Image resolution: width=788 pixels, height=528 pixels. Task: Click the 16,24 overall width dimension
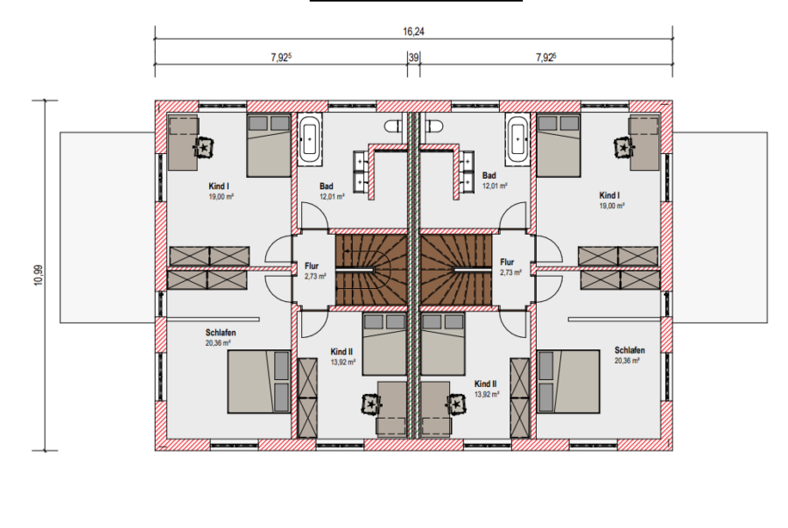coord(413,32)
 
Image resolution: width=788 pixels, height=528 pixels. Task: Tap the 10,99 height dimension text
coord(39,275)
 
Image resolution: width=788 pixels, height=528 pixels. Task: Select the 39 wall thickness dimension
coord(413,57)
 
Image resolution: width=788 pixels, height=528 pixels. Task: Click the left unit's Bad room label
coord(327,187)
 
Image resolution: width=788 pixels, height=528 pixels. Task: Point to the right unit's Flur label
coord(507,262)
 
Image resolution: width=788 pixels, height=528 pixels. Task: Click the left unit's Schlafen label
coord(221,333)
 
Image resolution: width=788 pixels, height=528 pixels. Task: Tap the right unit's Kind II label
coord(485,384)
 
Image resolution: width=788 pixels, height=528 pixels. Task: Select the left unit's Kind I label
coord(219,187)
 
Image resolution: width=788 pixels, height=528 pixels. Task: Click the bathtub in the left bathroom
coord(309,139)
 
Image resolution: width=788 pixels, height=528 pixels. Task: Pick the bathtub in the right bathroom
coord(517,139)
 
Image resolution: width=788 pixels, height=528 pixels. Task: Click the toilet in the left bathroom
coord(395,125)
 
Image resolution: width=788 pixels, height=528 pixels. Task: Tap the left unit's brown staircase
coord(371,270)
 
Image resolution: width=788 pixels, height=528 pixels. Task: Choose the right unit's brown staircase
coord(456,270)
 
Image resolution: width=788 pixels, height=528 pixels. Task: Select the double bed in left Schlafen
coord(259,382)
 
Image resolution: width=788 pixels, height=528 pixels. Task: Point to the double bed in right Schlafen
coord(568,382)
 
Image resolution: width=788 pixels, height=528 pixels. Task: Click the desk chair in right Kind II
coord(456,404)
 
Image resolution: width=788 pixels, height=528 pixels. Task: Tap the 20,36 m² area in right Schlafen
coord(627,361)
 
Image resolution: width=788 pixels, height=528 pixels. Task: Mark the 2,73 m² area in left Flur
coord(315,277)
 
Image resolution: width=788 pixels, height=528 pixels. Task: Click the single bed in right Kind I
coord(559,145)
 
